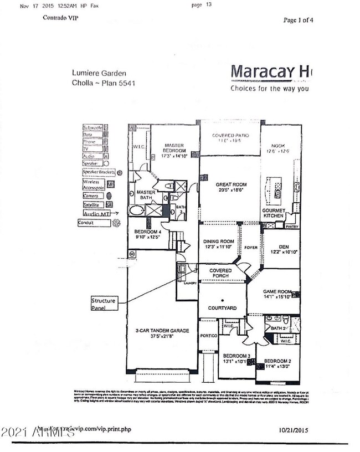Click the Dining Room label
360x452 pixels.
pos(217,244)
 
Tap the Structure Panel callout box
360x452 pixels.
pos(104,304)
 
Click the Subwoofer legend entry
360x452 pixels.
pos(93,126)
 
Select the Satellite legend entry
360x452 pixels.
pos(92,204)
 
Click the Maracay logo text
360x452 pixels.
pos(271,72)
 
